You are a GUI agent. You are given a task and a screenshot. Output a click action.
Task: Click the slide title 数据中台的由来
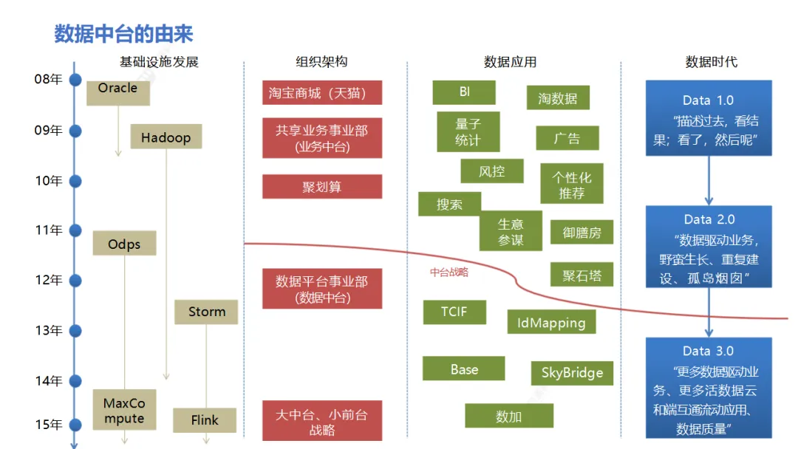point(123,33)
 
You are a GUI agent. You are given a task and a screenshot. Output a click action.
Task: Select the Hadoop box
point(166,137)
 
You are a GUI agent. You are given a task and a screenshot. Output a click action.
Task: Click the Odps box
point(124,243)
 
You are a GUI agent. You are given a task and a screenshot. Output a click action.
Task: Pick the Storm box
point(206,311)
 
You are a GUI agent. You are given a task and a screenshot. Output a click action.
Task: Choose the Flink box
point(205,419)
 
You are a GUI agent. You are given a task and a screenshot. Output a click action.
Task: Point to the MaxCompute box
point(124,411)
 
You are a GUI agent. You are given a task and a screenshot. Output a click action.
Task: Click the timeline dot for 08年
point(75,80)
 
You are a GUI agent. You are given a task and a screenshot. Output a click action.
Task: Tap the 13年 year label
point(49,330)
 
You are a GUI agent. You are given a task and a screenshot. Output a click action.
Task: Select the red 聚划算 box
point(321,187)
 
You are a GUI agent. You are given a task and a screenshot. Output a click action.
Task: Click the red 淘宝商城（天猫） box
point(321,93)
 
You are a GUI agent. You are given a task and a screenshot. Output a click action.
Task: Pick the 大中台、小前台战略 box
point(321,421)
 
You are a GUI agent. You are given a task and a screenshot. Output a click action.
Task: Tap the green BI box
point(464,92)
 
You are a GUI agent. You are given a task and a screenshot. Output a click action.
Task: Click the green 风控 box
point(491,171)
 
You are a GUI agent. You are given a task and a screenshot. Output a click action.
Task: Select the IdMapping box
point(551,322)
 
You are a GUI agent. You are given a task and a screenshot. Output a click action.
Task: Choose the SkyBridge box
point(572,373)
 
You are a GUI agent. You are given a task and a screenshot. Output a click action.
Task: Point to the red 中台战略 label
point(449,272)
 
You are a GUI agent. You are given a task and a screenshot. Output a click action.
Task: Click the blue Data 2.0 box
point(709,247)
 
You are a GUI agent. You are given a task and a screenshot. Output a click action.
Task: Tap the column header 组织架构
point(321,62)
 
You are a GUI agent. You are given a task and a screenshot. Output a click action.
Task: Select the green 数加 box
point(508,416)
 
